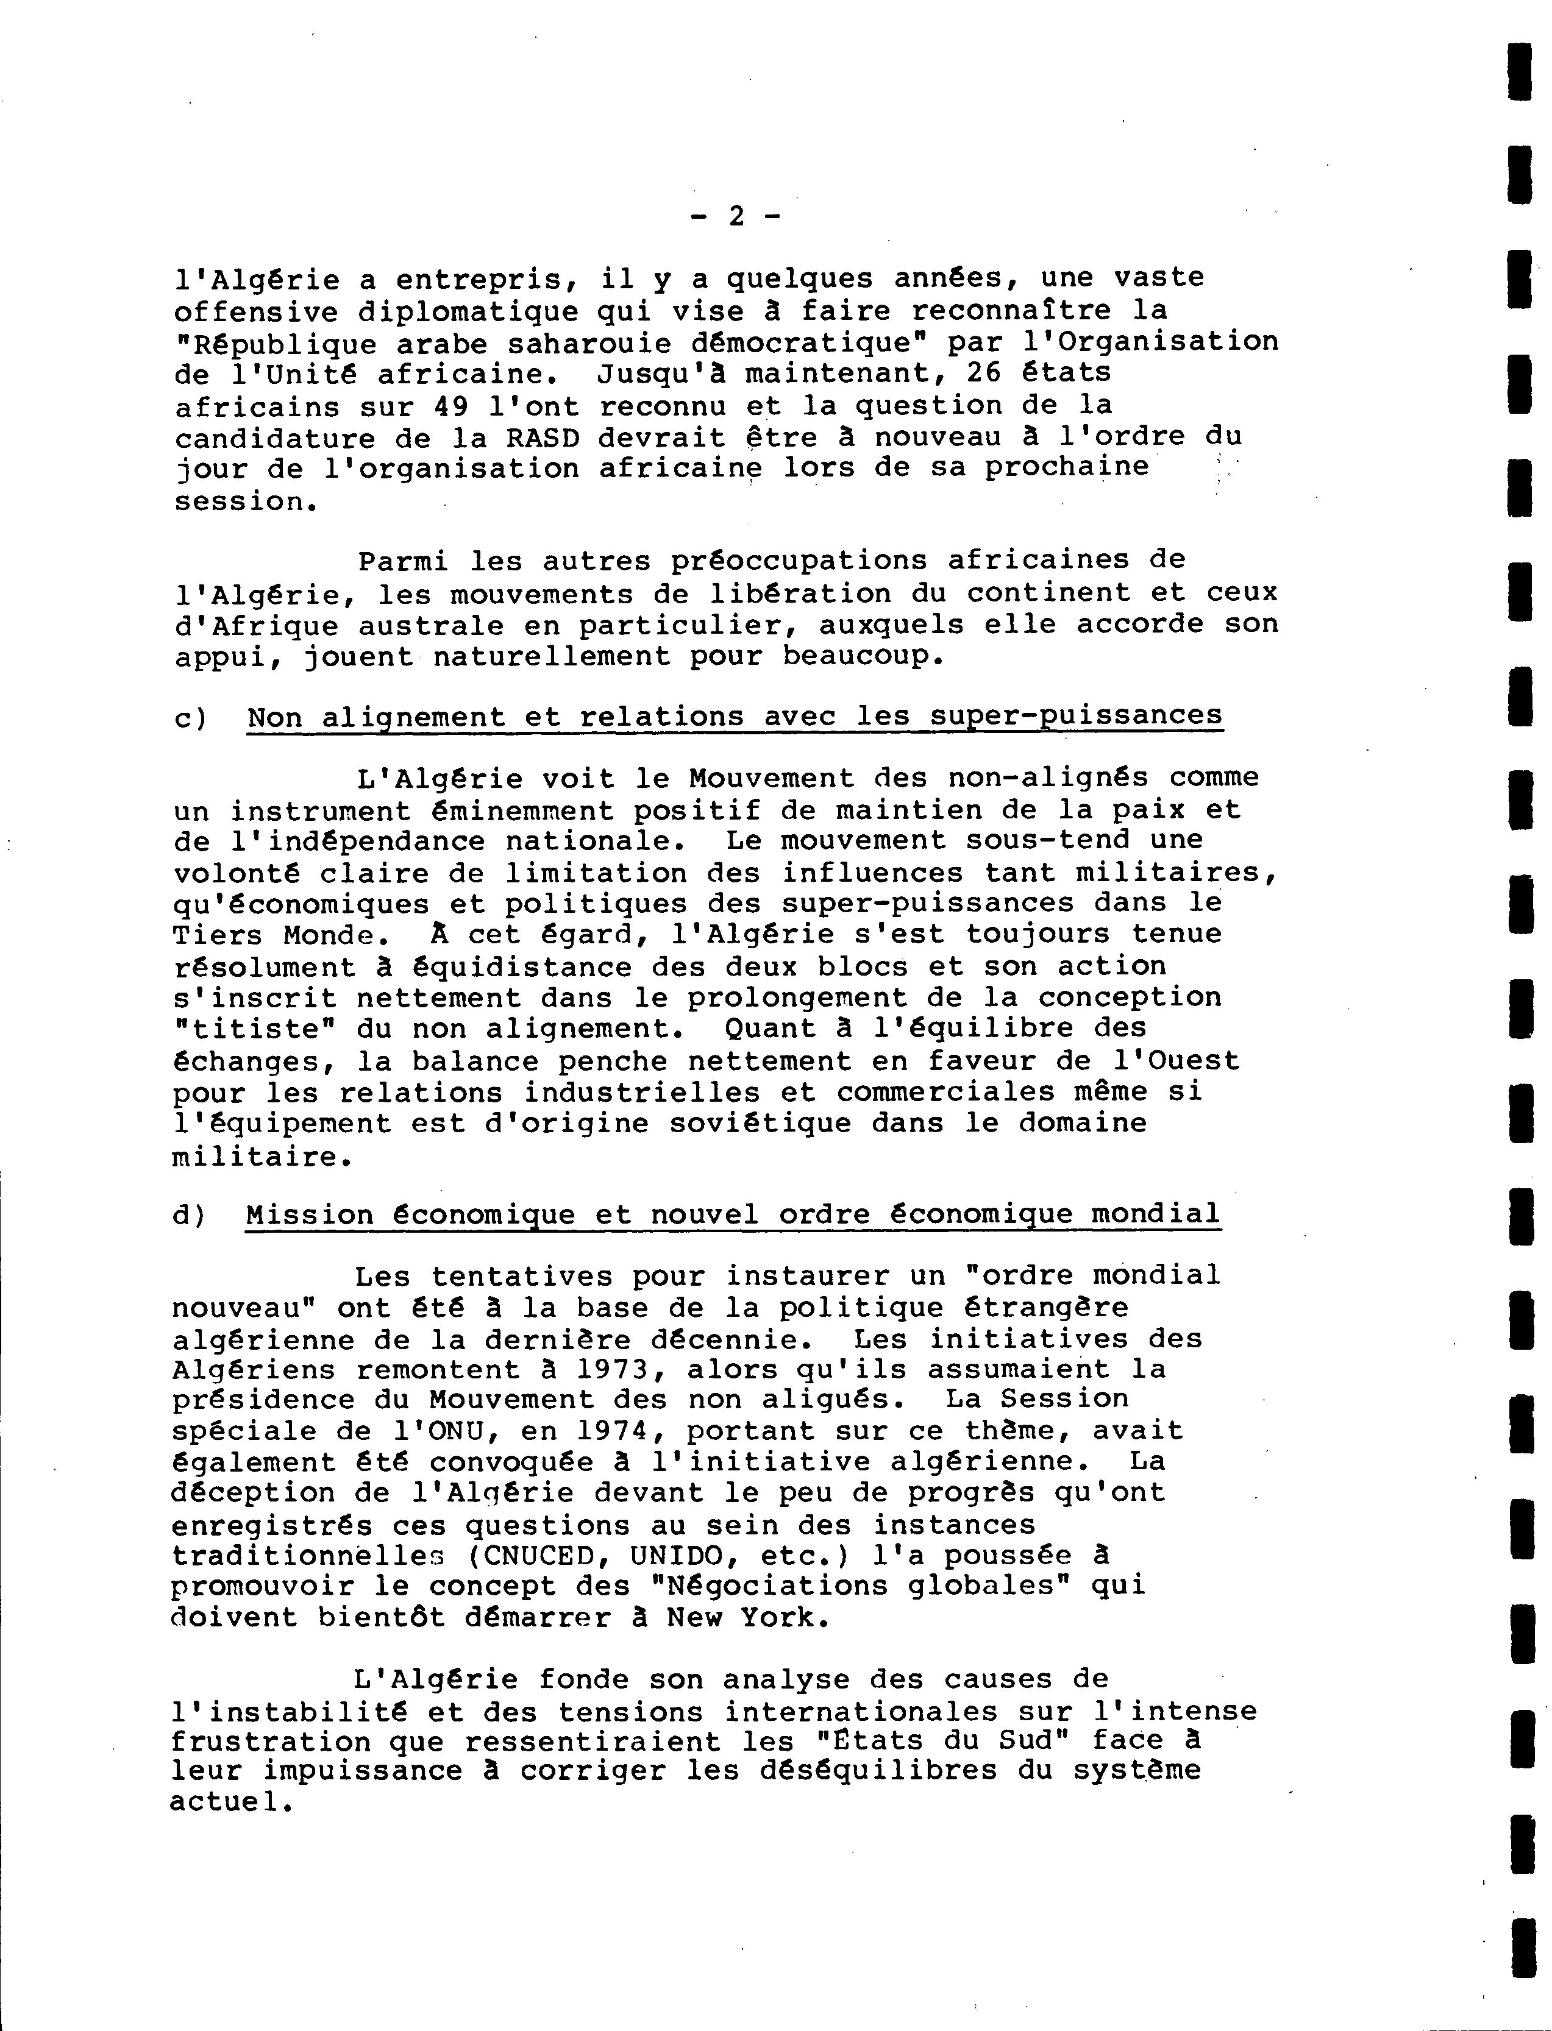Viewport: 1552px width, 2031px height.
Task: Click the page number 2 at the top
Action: pos(736,216)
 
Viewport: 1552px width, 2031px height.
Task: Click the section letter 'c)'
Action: pos(194,718)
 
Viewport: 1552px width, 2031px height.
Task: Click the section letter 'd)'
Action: pos(192,1214)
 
